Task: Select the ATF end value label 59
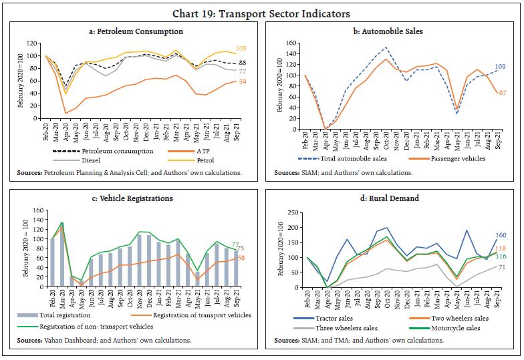(x=242, y=82)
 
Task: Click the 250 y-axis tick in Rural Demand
(x=290, y=212)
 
